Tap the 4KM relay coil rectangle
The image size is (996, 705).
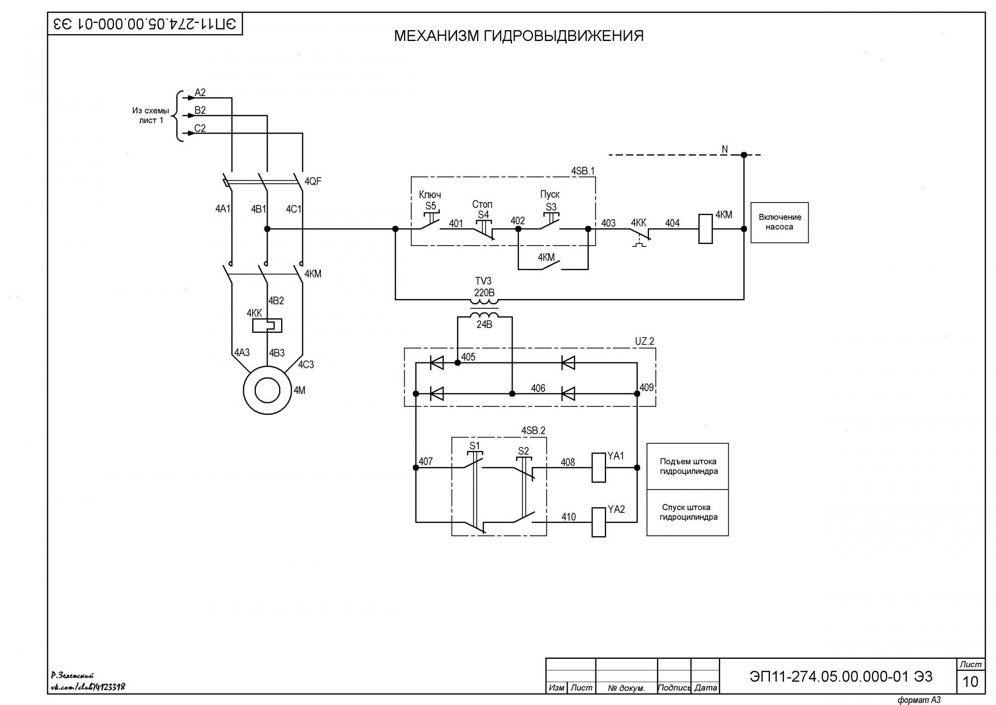tap(706, 229)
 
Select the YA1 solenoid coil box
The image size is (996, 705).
tap(599, 468)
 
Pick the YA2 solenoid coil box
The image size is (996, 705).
tap(599, 522)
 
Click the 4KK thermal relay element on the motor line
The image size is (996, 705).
tap(267, 326)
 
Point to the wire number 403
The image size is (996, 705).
tap(608, 223)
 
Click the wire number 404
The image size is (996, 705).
tap(672, 223)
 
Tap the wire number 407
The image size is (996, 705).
tap(425, 462)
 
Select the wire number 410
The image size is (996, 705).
tap(569, 517)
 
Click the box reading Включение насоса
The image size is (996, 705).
tap(780, 223)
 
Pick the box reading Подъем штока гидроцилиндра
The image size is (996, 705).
tap(688, 466)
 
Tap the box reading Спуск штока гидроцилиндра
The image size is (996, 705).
tap(688, 512)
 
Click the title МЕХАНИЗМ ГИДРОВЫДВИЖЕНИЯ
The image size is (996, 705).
tap(519, 36)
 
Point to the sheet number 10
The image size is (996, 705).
tap(970, 681)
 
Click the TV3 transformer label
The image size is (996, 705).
tap(483, 281)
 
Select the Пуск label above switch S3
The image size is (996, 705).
tap(550, 194)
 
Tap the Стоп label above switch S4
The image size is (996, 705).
tap(482, 205)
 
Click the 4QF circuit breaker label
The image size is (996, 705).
tap(313, 181)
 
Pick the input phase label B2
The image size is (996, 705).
tap(200, 111)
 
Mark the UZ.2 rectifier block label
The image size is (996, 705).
tap(645, 342)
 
